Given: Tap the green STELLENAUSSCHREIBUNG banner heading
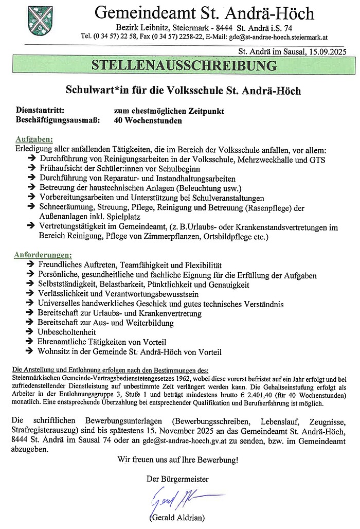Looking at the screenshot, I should (x=184, y=66).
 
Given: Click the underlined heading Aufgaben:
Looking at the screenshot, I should (x=34, y=140).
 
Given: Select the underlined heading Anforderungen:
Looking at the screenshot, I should (x=44, y=255).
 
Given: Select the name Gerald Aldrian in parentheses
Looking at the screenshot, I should (x=177, y=518).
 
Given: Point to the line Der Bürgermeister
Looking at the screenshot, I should (x=177, y=479).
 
